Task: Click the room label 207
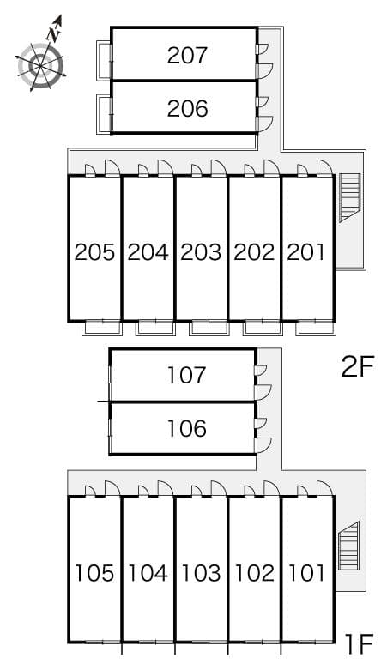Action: pos(187,56)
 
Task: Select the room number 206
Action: pos(187,109)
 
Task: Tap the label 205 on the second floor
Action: pos(94,252)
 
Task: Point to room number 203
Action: pos(201,252)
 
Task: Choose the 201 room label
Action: pos(306,252)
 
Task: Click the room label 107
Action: pos(187,375)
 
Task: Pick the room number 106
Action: pos(187,428)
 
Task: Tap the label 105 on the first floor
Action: pos(94,572)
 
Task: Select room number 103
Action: pos(201,572)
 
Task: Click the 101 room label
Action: pos(306,572)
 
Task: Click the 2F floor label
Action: pos(358,367)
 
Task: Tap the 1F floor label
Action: pos(358,642)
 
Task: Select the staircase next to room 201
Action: pos(349,197)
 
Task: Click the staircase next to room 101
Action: pos(349,546)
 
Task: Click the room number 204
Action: pos(148,252)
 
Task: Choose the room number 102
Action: pos(254,572)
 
